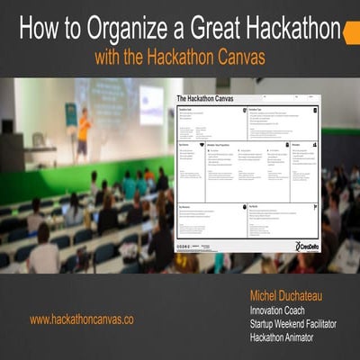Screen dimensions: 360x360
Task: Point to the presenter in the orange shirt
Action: pyautogui.click(x=84, y=136)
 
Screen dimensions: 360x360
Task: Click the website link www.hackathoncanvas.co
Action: pyautogui.click(x=82, y=319)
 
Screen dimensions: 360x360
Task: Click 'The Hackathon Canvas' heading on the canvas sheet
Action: pyautogui.click(x=210, y=99)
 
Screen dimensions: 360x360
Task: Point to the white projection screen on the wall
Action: pyautogui.click(x=150, y=103)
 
